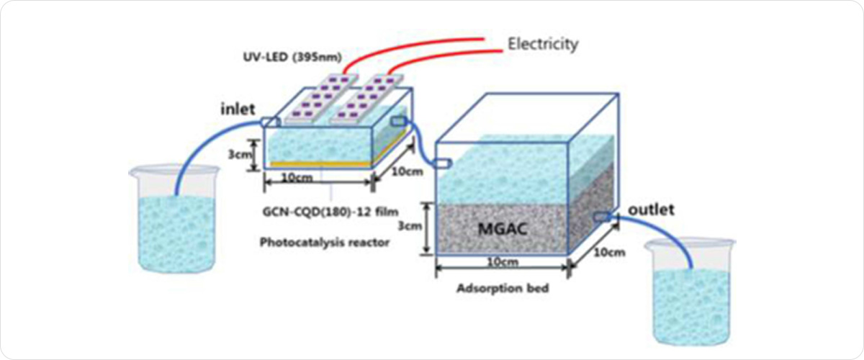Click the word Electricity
point(543,44)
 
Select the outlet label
point(651,210)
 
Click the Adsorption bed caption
point(503,289)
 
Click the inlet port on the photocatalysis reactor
point(271,122)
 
